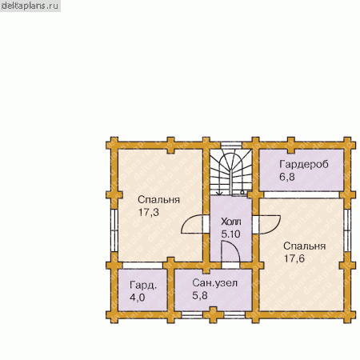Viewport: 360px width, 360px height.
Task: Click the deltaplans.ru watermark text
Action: (30, 6)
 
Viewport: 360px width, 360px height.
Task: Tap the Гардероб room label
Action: (304, 164)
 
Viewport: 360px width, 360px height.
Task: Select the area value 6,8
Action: (287, 177)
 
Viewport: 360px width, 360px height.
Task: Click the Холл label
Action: (231, 222)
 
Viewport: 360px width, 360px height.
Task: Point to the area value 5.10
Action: (230, 234)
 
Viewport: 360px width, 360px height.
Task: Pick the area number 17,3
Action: (149, 212)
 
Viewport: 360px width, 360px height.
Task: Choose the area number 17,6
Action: (294, 258)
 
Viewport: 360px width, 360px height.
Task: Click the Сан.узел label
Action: (214, 283)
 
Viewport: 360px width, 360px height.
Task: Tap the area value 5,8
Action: (200, 295)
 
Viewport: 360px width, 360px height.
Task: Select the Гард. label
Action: (143, 286)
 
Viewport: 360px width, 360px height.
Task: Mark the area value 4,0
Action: (138, 298)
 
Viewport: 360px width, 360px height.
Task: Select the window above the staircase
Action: (231, 146)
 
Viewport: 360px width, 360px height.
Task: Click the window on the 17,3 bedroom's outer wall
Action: (114, 230)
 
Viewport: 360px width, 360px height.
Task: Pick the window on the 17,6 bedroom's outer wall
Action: (347, 230)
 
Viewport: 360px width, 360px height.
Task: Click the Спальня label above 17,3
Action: (159, 200)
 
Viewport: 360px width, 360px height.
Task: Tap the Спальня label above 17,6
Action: (305, 246)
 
